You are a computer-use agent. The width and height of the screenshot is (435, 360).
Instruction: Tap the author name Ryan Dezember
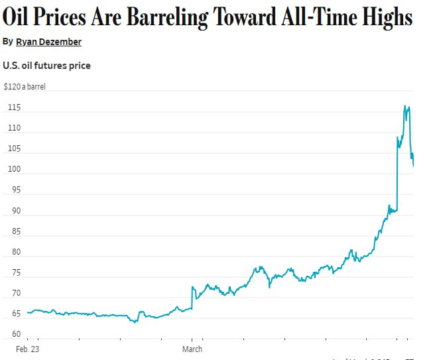pyautogui.click(x=49, y=42)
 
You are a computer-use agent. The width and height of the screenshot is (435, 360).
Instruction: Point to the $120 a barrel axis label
pyautogui.click(x=25, y=86)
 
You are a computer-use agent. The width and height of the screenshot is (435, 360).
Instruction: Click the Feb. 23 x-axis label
pyautogui.click(x=27, y=349)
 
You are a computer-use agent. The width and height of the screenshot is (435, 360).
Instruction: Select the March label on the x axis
pyautogui.click(x=192, y=349)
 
